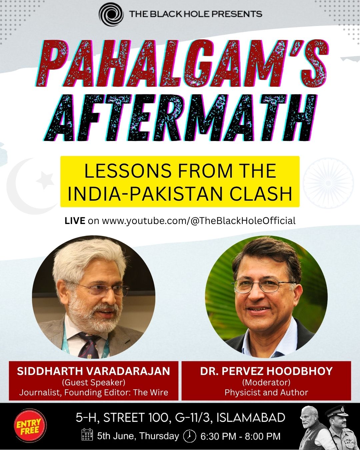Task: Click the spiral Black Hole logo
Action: point(111,14)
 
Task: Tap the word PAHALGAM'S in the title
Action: point(182,63)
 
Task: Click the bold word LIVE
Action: point(75,221)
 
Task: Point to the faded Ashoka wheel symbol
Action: point(328,183)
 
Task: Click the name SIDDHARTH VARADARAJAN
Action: point(93,371)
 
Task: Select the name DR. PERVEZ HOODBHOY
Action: point(266,371)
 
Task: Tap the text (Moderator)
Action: point(266,382)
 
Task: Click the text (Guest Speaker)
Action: point(94,382)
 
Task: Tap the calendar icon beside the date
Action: point(87,434)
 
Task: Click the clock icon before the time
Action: point(190,435)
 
